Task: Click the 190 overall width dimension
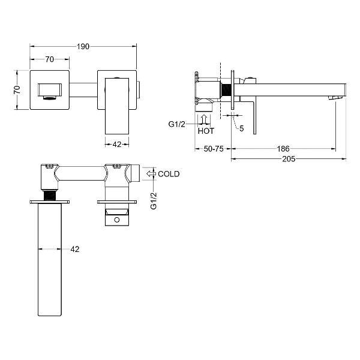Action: click(83, 47)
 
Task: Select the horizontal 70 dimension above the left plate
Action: click(50, 59)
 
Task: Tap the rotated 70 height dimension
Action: click(17, 90)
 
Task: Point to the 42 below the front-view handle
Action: click(117, 145)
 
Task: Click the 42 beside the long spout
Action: click(75, 249)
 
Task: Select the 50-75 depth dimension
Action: click(214, 149)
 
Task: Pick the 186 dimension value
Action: click(283, 149)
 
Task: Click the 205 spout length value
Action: click(289, 159)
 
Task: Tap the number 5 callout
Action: click(242, 128)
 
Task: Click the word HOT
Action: click(206, 131)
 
